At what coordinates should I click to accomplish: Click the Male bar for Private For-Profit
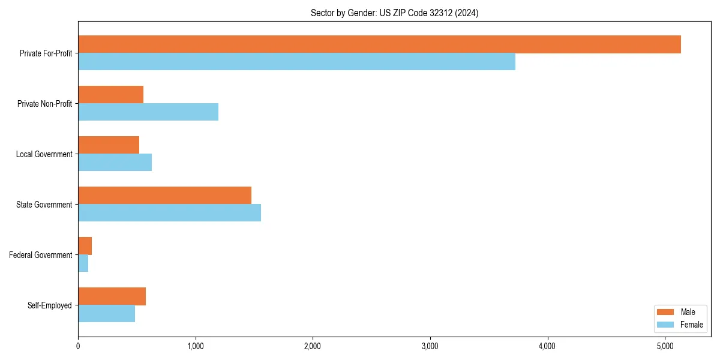point(379,44)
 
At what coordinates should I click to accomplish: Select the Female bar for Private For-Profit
point(296,62)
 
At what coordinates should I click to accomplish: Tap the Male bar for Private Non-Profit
point(110,95)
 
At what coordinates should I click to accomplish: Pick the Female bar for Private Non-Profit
point(148,112)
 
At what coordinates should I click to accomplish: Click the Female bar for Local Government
point(115,163)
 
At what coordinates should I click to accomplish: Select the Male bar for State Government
point(164,196)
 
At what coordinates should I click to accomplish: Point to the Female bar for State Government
point(169,213)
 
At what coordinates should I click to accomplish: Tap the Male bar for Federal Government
point(85,246)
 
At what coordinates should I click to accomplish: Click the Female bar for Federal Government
point(83,263)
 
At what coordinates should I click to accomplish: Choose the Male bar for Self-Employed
point(112,296)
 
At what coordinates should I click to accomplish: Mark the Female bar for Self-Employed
point(106,314)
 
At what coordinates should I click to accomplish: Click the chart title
point(394,13)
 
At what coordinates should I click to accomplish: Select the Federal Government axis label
point(40,255)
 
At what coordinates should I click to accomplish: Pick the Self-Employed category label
point(49,305)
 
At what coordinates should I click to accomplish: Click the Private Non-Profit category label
point(44,104)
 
